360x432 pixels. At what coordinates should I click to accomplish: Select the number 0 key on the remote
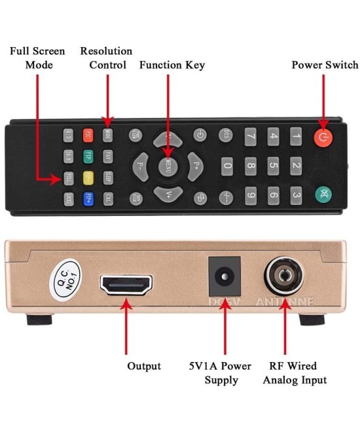pos(227,166)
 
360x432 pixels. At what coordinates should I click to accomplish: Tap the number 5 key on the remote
pos(274,166)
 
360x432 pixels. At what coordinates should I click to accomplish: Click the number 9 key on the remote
pos(250,194)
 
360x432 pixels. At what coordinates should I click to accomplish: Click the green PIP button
pos(88,156)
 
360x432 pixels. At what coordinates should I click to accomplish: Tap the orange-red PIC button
pos(88,135)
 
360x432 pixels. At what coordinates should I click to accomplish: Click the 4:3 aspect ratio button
pos(69,135)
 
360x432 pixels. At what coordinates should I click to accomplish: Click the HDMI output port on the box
pos(126,285)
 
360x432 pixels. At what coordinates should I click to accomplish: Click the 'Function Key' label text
pos(172,65)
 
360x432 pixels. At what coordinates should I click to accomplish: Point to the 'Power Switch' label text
pos(325,65)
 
